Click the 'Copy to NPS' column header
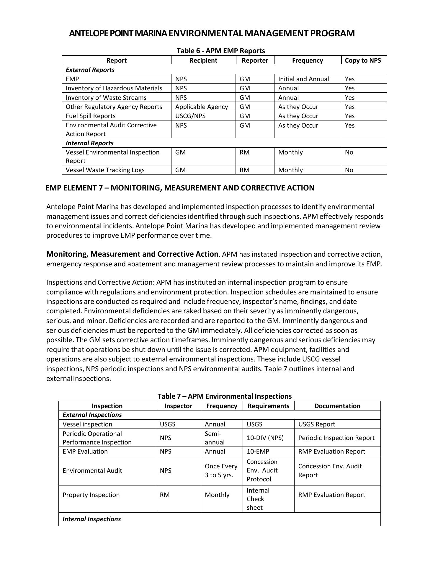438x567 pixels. click(x=363, y=61)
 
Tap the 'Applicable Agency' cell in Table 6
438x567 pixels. click(x=201, y=107)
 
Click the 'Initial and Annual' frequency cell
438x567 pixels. click(x=303, y=79)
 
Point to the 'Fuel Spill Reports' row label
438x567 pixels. click(x=91, y=116)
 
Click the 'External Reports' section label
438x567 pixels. click(x=90, y=70)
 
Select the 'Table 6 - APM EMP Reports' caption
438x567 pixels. click(x=221, y=51)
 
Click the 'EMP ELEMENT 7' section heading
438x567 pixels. click(x=180, y=188)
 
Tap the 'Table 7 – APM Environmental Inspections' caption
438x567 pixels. click(x=224, y=396)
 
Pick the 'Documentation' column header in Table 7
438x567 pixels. click(x=337, y=406)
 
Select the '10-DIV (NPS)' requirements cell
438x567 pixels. click(x=265, y=438)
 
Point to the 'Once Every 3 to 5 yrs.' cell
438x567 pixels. click(x=221, y=471)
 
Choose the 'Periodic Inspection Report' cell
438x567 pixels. click(x=336, y=438)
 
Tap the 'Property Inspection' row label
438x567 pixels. click(x=91, y=495)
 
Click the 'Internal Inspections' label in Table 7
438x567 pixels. click(x=91, y=519)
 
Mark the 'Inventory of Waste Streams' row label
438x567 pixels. click(x=106, y=98)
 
